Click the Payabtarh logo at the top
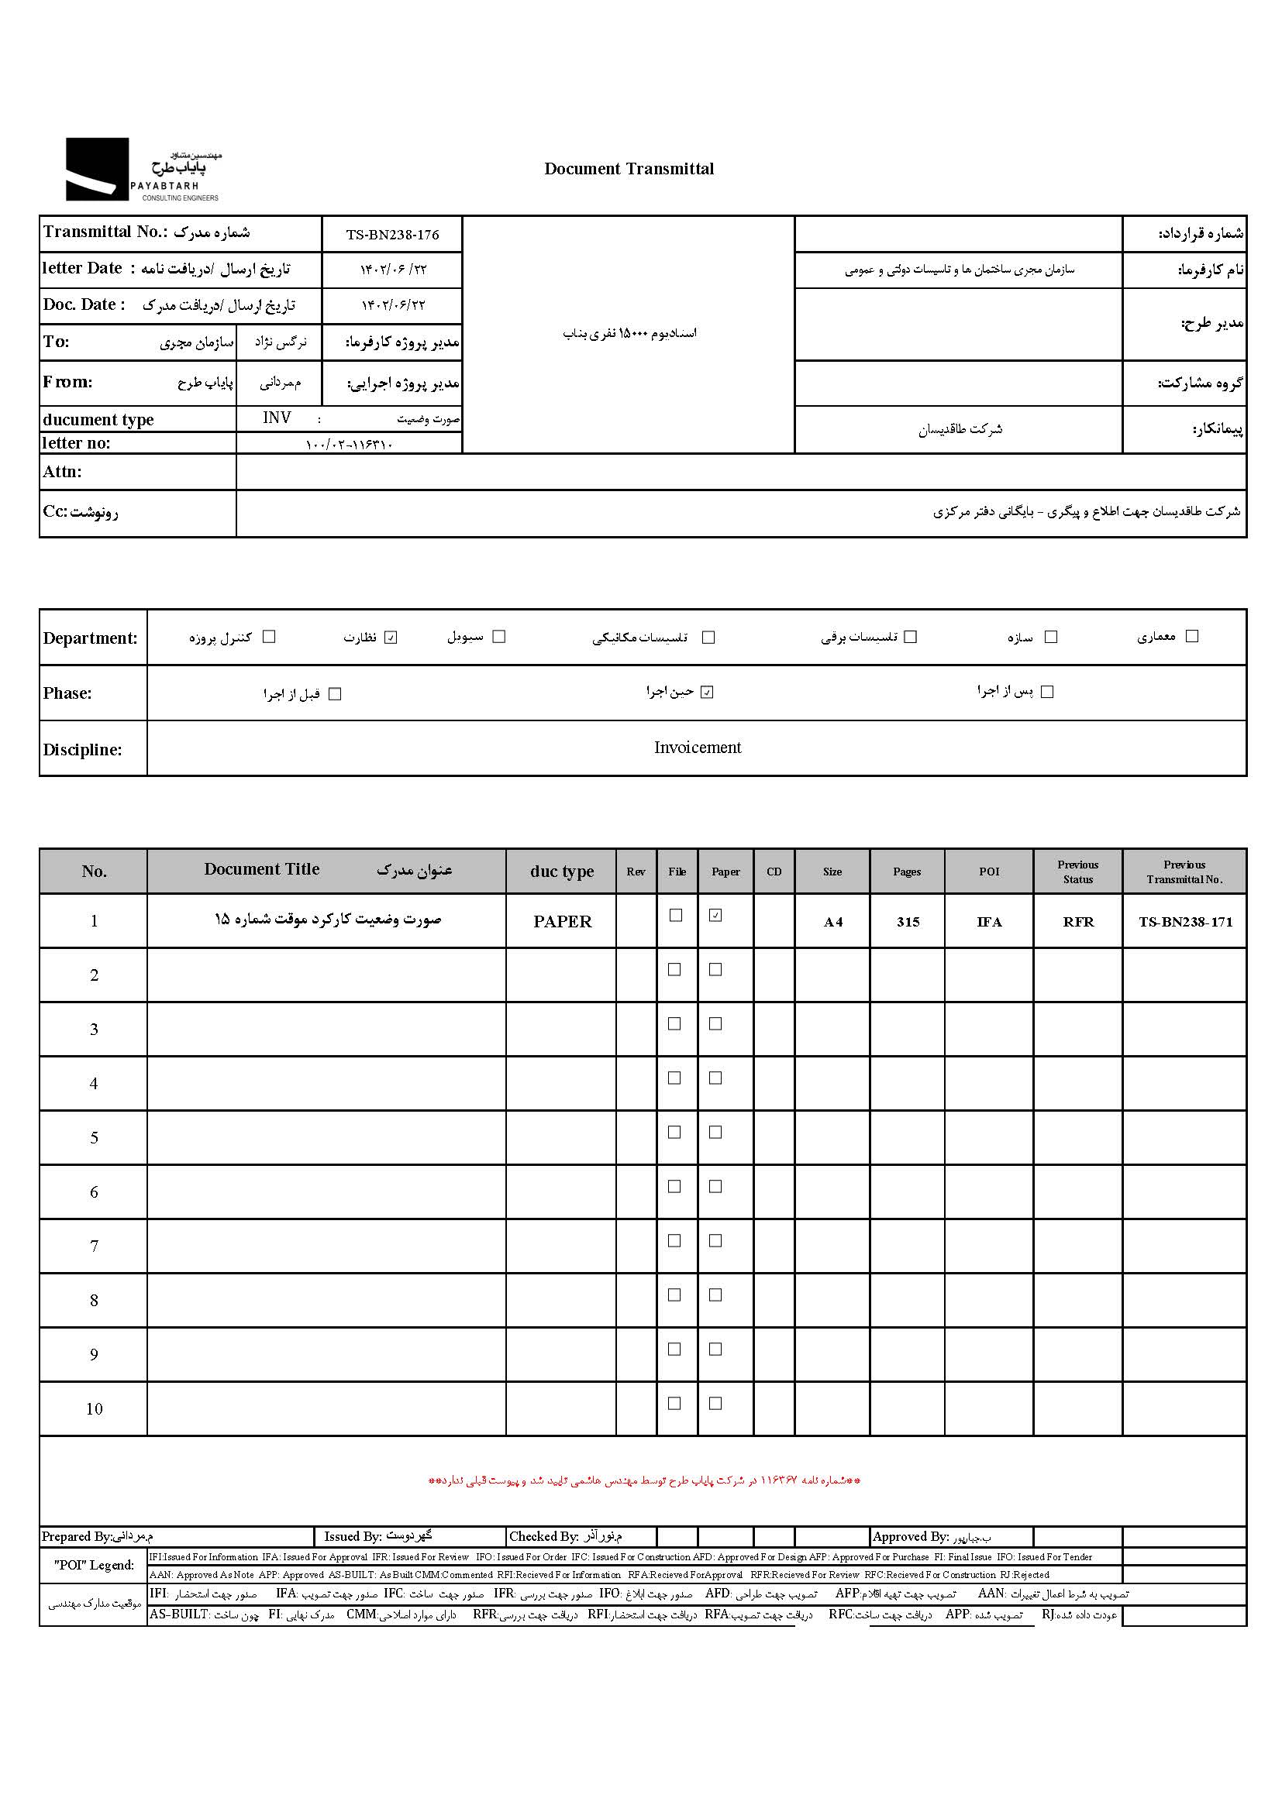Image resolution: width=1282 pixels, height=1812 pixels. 142,170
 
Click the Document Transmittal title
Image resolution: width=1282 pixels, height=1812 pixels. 629,169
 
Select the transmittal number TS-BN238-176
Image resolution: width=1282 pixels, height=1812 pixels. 391,235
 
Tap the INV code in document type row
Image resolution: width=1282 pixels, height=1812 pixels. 277,418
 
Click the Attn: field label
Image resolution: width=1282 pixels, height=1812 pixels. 62,472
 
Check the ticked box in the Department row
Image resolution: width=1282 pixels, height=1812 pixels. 391,638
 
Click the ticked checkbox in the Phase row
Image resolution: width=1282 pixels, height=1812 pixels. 708,692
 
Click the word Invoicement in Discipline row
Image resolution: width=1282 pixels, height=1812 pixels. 697,748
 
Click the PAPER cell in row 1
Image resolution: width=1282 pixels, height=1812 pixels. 562,921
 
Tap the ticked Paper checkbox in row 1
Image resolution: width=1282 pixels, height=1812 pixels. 715,916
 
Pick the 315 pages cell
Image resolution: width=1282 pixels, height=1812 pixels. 908,922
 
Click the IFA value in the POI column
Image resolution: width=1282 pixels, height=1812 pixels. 988,922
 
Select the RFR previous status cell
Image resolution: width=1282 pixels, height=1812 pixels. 1077,922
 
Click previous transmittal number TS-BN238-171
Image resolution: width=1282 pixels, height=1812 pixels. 1185,922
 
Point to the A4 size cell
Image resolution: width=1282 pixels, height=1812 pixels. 832,922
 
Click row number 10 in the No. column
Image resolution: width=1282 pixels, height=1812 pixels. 94,1408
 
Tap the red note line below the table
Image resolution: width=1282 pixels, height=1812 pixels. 644,1480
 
